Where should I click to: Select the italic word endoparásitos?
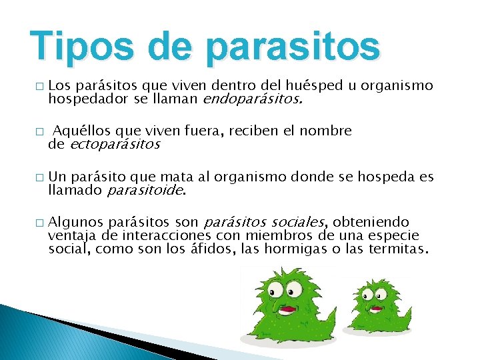[253, 99]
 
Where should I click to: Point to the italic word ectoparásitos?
[115, 143]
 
